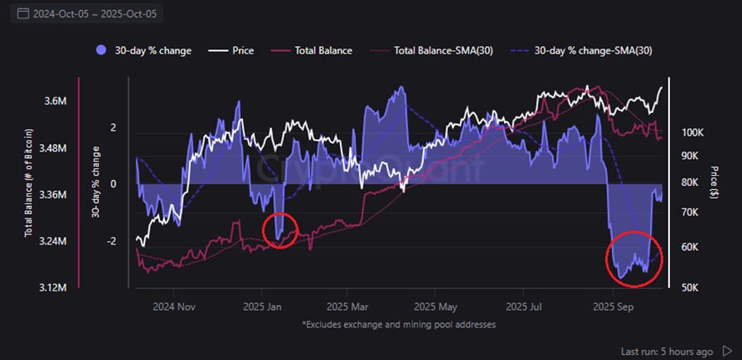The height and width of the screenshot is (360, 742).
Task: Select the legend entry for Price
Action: (x=237, y=51)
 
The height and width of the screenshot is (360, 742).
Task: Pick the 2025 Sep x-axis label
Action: (x=613, y=306)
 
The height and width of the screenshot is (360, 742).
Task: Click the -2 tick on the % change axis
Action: (x=112, y=241)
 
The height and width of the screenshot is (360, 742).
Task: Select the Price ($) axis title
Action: (x=714, y=183)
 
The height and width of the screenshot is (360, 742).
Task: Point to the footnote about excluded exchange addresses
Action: (x=398, y=323)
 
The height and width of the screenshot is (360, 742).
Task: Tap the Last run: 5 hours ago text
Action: (x=667, y=351)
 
